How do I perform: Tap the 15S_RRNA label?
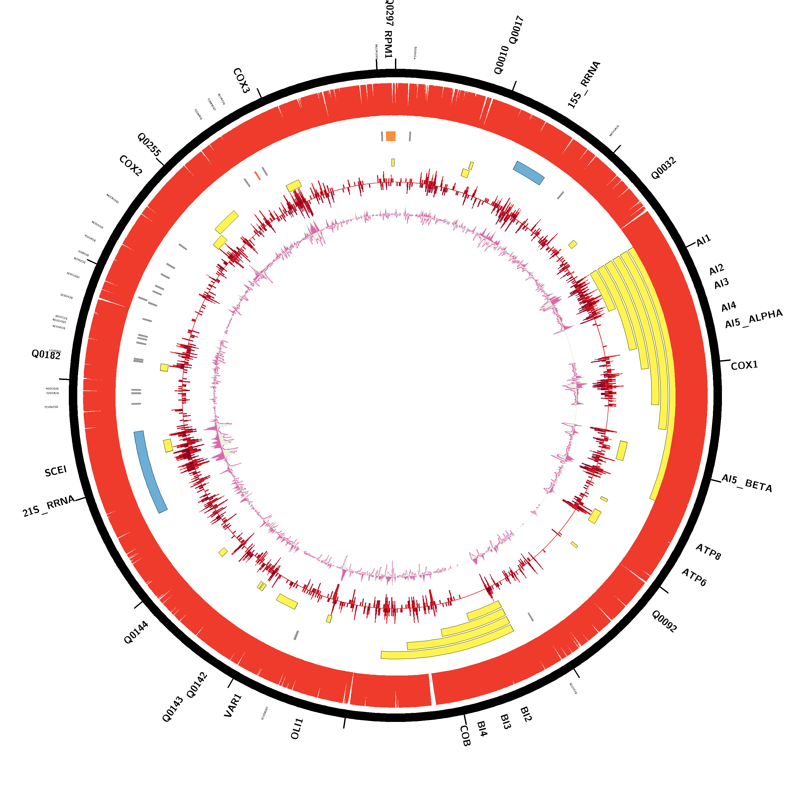pyautogui.click(x=584, y=85)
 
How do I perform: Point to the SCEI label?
pyautogui.click(x=56, y=471)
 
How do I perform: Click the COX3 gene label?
pyautogui.click(x=241, y=81)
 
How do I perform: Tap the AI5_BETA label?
pyautogui.click(x=746, y=483)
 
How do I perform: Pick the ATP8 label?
pyautogui.click(x=708, y=552)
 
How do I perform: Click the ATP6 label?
pyautogui.click(x=694, y=577)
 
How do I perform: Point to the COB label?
pyautogui.click(x=465, y=736)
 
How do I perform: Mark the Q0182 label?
pyautogui.click(x=46, y=355)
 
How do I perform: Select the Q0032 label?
pyautogui.click(x=663, y=168)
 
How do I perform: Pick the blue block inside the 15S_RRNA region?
pyautogui.click(x=529, y=173)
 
